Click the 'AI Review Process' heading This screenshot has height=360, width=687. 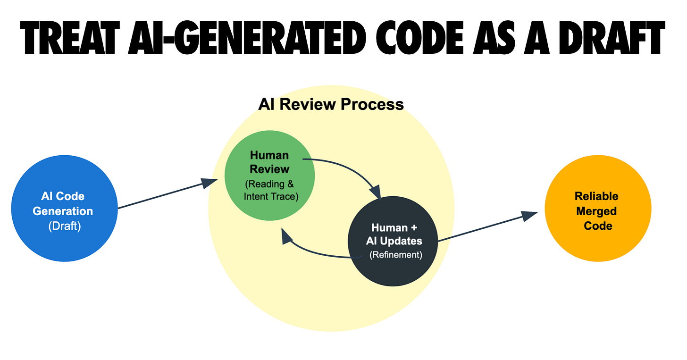(x=331, y=104)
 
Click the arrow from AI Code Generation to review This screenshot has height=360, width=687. (x=165, y=193)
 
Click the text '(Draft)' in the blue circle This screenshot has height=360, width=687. (x=65, y=226)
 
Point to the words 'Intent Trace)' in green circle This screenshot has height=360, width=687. (x=271, y=196)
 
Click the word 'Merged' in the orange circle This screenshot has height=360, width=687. (x=596, y=211)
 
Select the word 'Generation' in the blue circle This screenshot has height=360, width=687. (x=63, y=211)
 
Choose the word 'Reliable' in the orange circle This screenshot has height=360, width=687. (x=596, y=196)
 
